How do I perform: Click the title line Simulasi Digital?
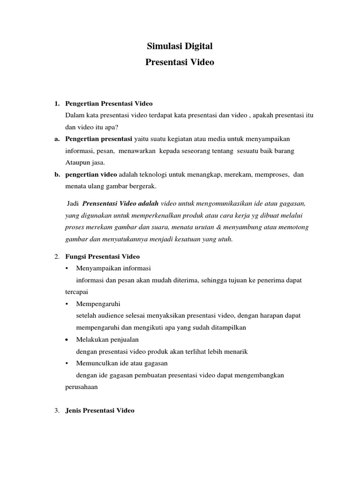coord(180,46)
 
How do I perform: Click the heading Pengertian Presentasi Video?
coord(109,103)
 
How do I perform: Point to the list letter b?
coord(56,174)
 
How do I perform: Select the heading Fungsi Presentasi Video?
coord(103,256)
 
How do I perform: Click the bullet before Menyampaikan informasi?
coord(68,269)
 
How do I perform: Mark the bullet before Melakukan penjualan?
coord(68,339)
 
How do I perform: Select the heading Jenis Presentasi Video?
coord(100,410)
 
